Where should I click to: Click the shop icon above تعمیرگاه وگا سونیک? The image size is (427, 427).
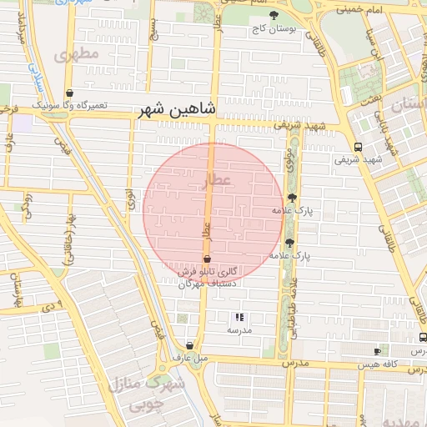(x=68, y=93)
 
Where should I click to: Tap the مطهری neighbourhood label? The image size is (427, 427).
(x=77, y=54)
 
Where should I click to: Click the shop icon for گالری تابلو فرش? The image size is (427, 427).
(x=207, y=259)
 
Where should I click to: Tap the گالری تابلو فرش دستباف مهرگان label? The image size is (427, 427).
(x=208, y=278)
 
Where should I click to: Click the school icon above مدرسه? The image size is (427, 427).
(x=239, y=317)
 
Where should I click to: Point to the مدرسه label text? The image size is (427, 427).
(x=239, y=330)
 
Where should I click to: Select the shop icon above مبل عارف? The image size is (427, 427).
(x=191, y=345)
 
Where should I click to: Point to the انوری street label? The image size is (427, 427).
(x=130, y=198)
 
